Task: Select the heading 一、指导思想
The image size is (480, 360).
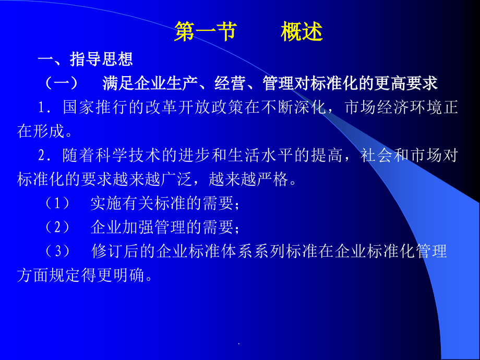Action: click(x=85, y=59)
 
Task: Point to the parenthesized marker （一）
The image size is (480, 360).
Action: click(x=61, y=83)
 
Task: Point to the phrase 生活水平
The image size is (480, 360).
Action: click(x=254, y=155)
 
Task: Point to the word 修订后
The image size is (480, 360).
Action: click(x=111, y=252)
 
